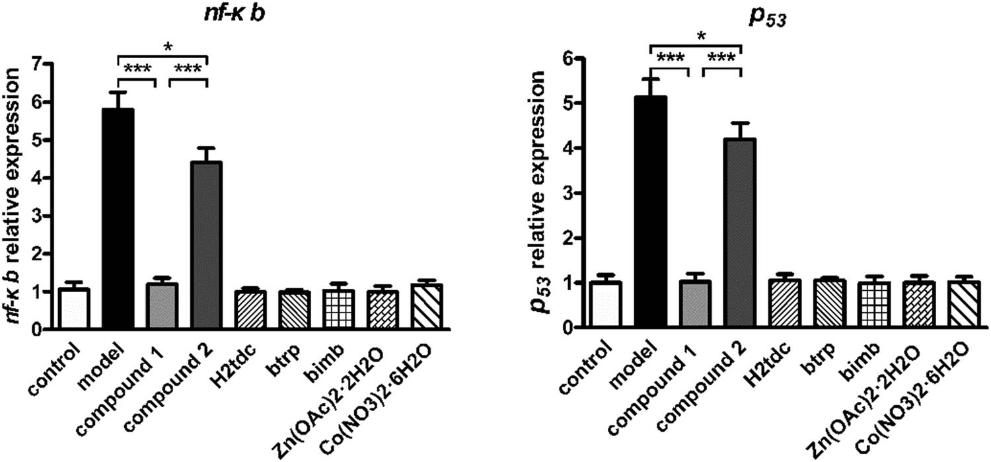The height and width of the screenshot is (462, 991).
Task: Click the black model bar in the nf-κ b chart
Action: point(118,218)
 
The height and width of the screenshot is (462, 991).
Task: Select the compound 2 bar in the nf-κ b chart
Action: point(207,245)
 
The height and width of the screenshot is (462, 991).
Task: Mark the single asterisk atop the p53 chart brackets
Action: point(696,37)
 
